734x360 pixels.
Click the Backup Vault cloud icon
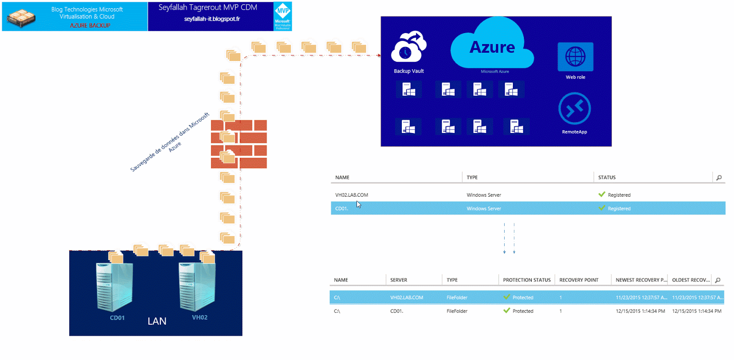pyautogui.click(x=408, y=47)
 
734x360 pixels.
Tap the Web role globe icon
pyautogui.click(x=575, y=57)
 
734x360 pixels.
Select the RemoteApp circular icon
pyautogui.click(x=574, y=109)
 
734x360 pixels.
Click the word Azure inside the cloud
pyautogui.click(x=492, y=47)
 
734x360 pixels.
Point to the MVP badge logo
pyautogui.click(x=283, y=16)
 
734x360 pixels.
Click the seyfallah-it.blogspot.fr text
pyautogui.click(x=212, y=19)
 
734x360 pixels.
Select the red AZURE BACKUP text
pyautogui.click(x=90, y=26)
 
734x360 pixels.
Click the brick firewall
pyautogui.click(x=239, y=144)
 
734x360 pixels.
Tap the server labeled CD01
pyautogui.click(x=114, y=287)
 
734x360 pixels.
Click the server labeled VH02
pyautogui.click(x=197, y=287)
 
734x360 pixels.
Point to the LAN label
pyautogui.click(x=157, y=321)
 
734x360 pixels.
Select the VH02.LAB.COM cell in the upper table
pyautogui.click(x=351, y=195)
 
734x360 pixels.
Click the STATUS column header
pyautogui.click(x=606, y=177)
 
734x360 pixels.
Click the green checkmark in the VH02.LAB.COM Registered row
pyautogui.click(x=601, y=194)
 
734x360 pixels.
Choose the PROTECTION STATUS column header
pyautogui.click(x=526, y=280)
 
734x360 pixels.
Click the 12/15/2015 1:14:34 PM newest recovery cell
pyautogui.click(x=640, y=311)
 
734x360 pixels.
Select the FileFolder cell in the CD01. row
pyautogui.click(x=457, y=311)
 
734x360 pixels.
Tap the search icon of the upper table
pyautogui.click(x=719, y=177)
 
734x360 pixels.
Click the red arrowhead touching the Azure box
pyautogui.click(x=379, y=55)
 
